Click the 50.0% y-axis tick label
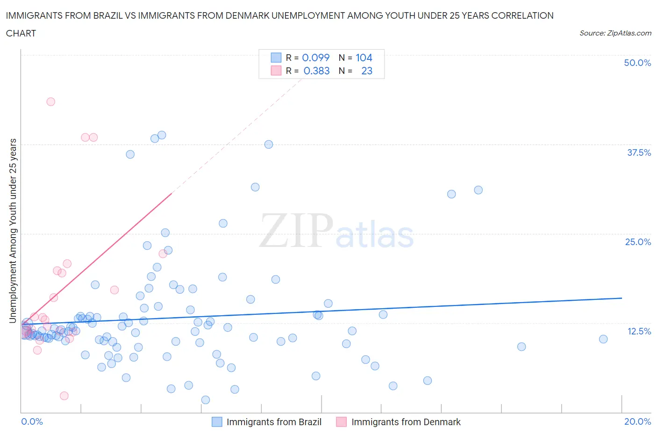tap(637, 63)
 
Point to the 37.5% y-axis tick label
tap(639, 152)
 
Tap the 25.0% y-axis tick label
tap(638, 242)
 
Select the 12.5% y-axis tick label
tap(639, 331)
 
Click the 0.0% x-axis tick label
tap(32, 421)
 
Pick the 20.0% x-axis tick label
tap(637, 421)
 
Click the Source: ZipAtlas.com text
tap(615, 33)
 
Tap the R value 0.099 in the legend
tap(316, 58)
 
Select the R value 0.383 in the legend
tap(316, 71)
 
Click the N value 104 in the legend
tap(364, 58)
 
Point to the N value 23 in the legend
tap(367, 71)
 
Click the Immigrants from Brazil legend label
tap(274, 422)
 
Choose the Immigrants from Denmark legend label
tap(406, 422)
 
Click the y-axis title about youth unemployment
tap(13, 231)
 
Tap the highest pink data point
tap(51, 101)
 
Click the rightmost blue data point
tap(603, 339)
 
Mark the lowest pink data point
tap(64, 396)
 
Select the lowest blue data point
tap(206, 400)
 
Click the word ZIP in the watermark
tap(296, 231)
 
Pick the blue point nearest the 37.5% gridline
tap(269, 144)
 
